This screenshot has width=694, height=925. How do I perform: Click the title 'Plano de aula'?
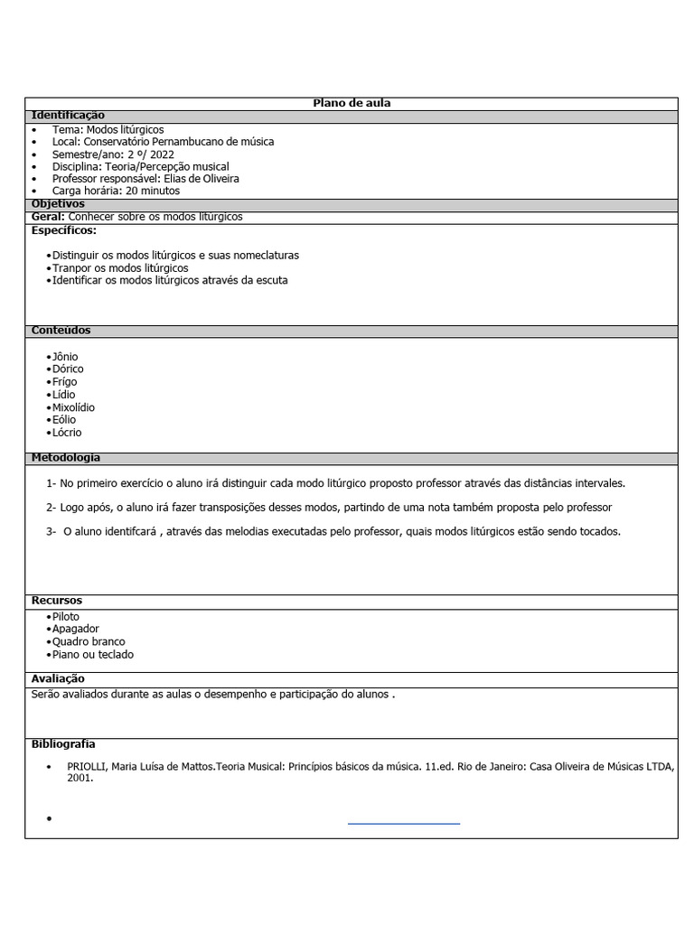point(352,104)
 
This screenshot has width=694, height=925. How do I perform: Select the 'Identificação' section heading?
point(68,116)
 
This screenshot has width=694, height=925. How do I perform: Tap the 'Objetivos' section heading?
point(58,204)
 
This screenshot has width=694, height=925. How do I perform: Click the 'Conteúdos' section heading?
point(61,331)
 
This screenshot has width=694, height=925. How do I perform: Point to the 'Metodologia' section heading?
point(66,458)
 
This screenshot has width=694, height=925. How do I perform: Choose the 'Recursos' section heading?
point(57,601)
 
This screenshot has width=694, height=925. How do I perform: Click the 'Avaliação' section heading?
point(58,678)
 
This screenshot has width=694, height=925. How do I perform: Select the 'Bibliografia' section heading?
point(63,744)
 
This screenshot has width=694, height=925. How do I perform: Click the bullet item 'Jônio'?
point(65,357)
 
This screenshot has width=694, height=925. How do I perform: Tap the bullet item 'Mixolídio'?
point(73,407)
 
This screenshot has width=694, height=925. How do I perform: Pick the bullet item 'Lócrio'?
point(67,433)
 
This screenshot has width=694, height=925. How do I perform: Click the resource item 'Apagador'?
point(76,629)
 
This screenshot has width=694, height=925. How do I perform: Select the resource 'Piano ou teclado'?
point(93,654)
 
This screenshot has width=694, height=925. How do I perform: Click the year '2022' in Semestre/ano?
point(163,154)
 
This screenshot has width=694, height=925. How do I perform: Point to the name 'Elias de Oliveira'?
point(202,179)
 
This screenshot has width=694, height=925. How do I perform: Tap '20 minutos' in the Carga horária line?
point(153,191)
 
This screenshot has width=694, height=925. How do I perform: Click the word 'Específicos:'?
point(64,230)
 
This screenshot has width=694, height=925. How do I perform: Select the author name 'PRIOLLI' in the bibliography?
point(88,766)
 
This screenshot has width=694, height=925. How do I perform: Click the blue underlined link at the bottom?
point(404,822)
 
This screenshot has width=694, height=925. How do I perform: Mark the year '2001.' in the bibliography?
point(80,778)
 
